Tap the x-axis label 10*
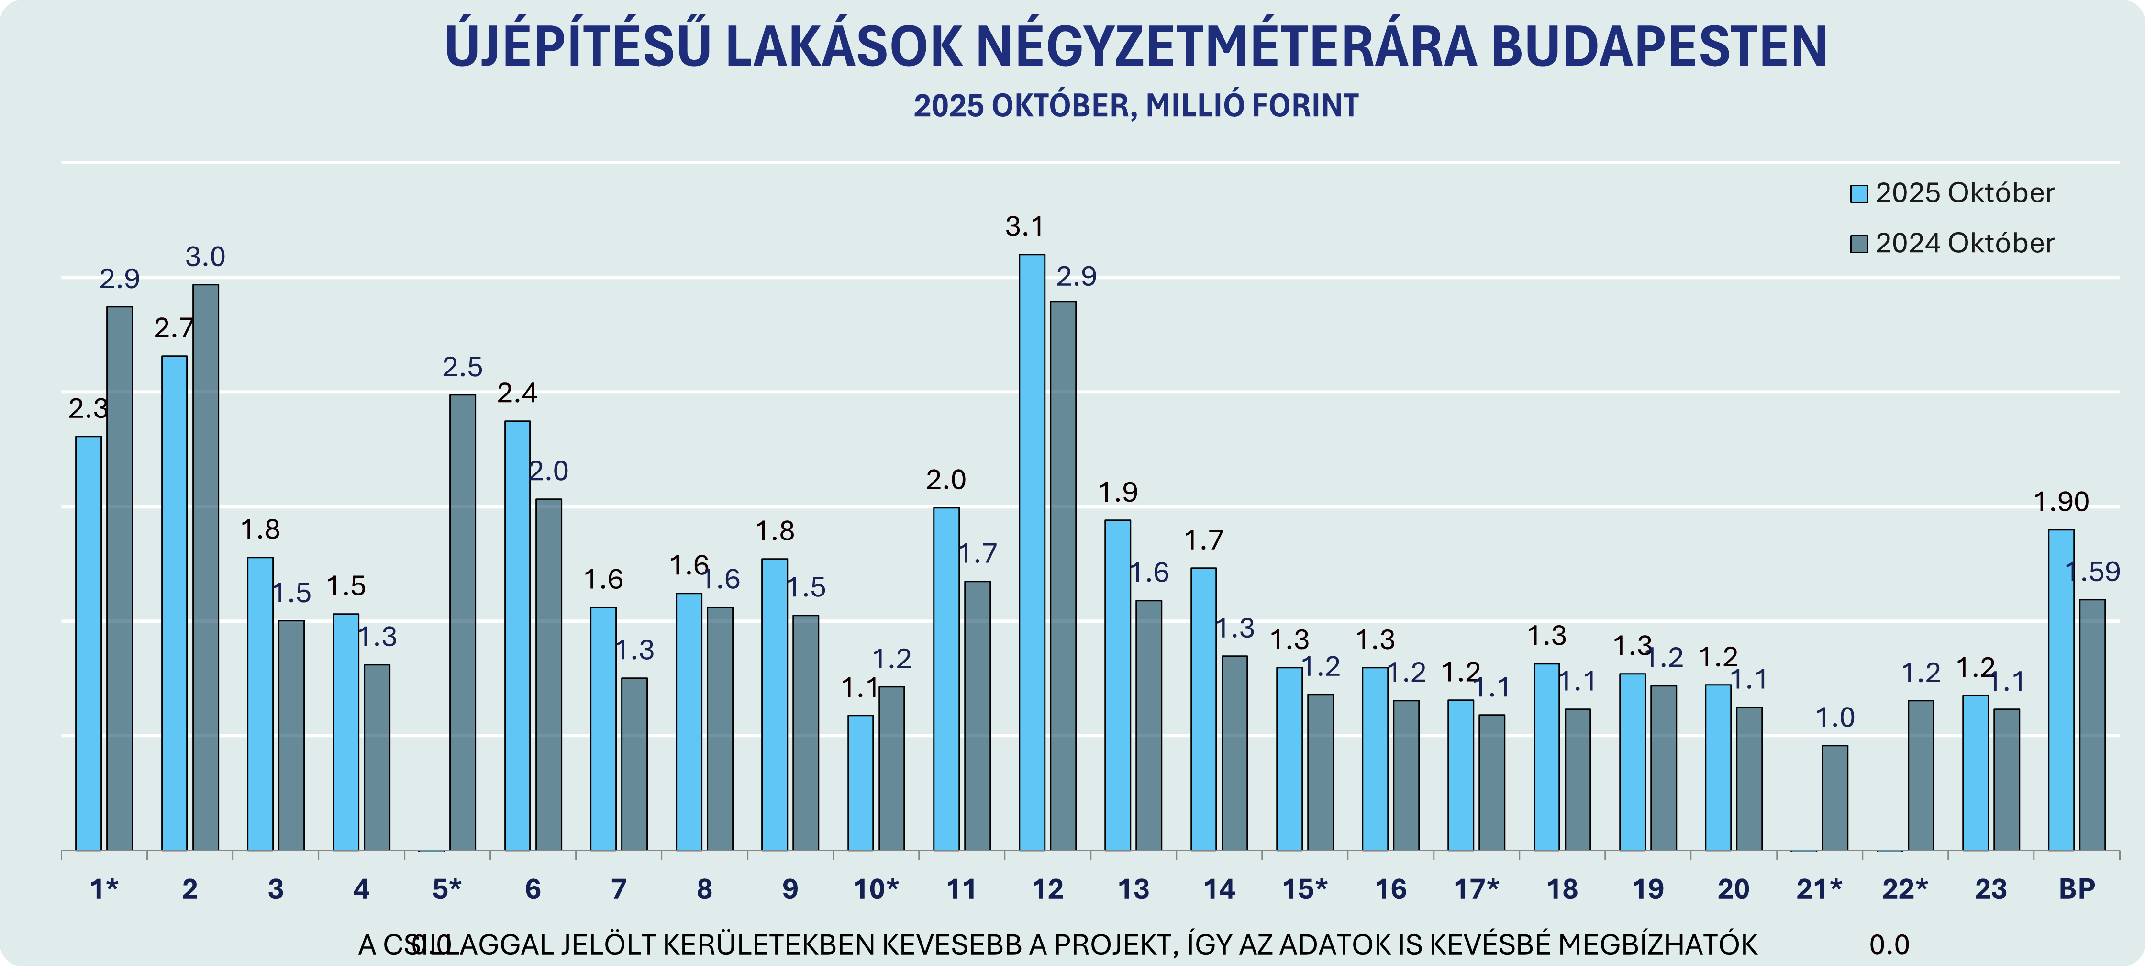click(x=876, y=889)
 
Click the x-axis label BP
click(x=2077, y=889)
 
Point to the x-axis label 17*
click(x=1477, y=889)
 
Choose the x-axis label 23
click(x=1990, y=889)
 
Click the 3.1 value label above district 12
click(x=1024, y=226)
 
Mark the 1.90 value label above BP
click(x=2061, y=502)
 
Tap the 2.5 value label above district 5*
click(x=462, y=367)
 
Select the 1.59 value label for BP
click(x=2092, y=572)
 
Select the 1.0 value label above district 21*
click(x=1834, y=718)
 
